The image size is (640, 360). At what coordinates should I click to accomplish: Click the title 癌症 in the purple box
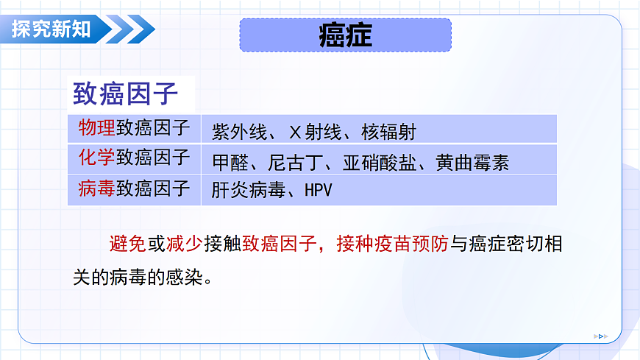345,35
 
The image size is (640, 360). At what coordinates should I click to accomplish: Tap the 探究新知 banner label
51,29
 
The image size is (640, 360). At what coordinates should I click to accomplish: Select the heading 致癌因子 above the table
126,95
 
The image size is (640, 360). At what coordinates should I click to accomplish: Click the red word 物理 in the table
96,129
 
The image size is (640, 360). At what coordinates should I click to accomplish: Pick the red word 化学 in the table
96,158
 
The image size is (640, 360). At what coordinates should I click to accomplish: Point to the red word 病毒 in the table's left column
96,188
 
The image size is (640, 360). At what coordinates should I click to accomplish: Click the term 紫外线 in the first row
235,133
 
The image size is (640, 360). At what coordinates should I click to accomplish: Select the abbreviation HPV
318,191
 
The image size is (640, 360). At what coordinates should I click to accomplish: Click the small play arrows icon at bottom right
601,336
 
